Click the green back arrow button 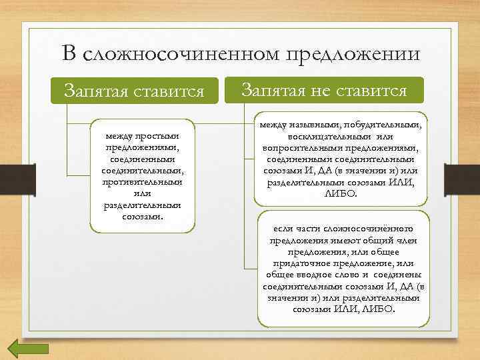tap(28, 349)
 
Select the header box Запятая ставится tap(133, 91)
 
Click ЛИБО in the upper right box tap(341, 193)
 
